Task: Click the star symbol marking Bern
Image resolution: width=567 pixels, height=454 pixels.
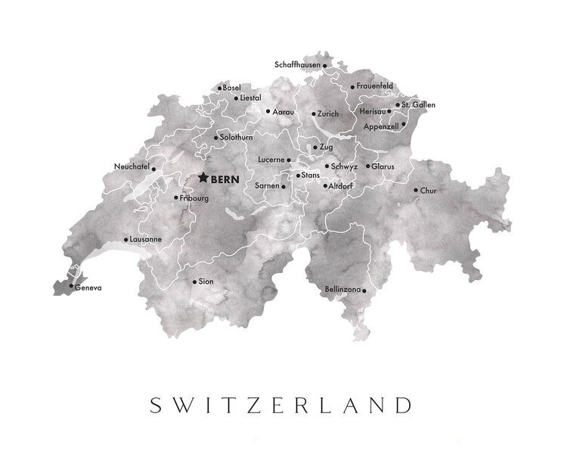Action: (203, 179)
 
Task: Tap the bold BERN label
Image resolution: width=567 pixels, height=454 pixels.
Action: (225, 179)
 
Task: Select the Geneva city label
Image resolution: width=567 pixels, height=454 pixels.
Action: (88, 288)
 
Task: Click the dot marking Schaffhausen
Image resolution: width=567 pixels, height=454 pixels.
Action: (325, 66)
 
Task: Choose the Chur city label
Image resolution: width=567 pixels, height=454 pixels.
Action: (429, 191)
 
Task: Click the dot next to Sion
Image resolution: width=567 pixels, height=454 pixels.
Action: (194, 281)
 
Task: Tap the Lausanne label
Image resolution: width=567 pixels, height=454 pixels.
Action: (146, 239)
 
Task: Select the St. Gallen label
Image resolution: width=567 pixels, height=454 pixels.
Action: (419, 104)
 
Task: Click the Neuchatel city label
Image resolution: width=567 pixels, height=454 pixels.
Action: (132, 166)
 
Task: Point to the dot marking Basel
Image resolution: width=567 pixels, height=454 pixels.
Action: (219, 89)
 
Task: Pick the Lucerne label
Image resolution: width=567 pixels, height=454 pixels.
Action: (271, 160)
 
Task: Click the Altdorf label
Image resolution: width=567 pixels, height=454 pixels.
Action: (342, 185)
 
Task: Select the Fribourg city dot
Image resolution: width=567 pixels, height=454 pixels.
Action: (176, 198)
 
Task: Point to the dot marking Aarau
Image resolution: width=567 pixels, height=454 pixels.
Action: (268, 111)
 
